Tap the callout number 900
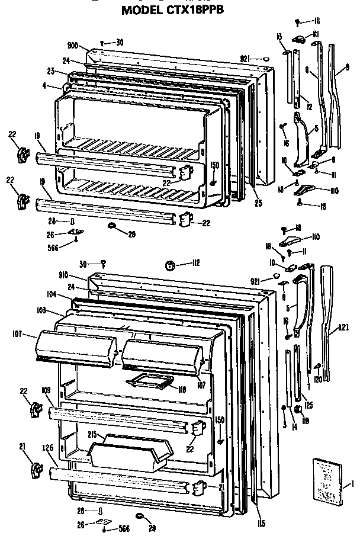73,46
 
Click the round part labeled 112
170,264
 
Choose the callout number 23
52,71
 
